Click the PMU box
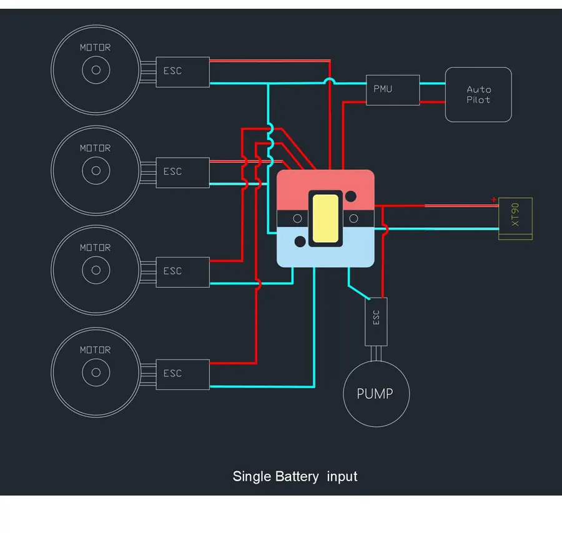pyautogui.click(x=392, y=90)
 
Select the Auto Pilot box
pyautogui.click(x=478, y=95)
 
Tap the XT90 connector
pyautogui.click(x=515, y=218)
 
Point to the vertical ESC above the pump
pyautogui.click(x=376, y=321)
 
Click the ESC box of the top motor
pyautogui.click(x=182, y=71)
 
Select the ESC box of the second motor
pyautogui.click(x=182, y=172)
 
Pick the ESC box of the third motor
pyautogui.click(x=182, y=271)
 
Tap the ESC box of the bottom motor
pyautogui.click(x=182, y=373)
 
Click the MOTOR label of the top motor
pyautogui.click(x=95, y=47)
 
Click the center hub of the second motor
pyautogui.click(x=96, y=170)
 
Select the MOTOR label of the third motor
pyautogui.click(x=95, y=248)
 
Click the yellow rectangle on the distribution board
pyautogui.click(x=325, y=218)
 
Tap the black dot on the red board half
pyautogui.click(x=352, y=195)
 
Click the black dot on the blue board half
pyautogui.click(x=300, y=242)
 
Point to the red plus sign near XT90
pyautogui.click(x=494, y=200)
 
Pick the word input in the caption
pyautogui.click(x=342, y=477)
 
